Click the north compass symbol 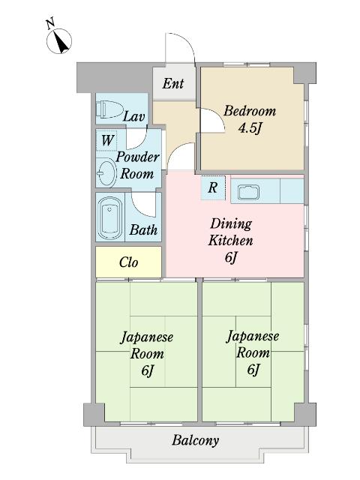(x=59, y=41)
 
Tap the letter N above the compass (x=50, y=24)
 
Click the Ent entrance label (x=173, y=83)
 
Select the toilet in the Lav (x=109, y=109)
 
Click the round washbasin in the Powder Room (x=106, y=172)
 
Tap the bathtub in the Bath (x=110, y=218)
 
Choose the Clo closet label (x=128, y=262)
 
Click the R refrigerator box (x=213, y=187)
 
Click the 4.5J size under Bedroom (x=250, y=128)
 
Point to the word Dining (x=231, y=224)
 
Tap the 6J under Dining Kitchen (x=231, y=257)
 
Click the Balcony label (x=196, y=440)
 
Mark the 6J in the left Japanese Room (x=147, y=370)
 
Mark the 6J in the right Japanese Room (x=253, y=370)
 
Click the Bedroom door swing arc (x=218, y=115)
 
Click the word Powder (x=137, y=157)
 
